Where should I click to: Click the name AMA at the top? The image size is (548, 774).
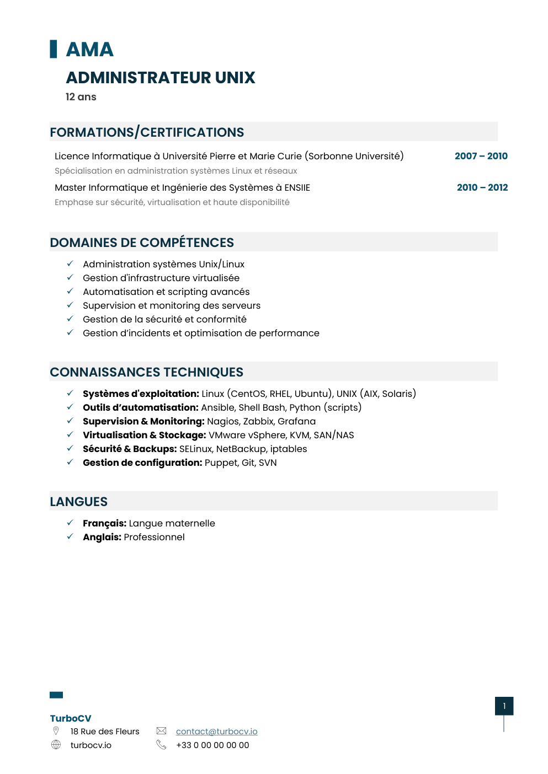(89, 50)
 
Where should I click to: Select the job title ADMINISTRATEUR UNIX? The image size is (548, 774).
(161, 78)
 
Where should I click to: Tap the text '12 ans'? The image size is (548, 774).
(81, 97)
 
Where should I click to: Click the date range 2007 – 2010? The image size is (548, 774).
(481, 156)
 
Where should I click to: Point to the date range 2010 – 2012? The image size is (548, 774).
(482, 187)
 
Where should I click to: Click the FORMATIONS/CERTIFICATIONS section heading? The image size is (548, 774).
(147, 132)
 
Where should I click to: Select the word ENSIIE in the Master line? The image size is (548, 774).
(297, 188)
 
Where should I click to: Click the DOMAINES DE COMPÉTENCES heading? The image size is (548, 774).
(142, 243)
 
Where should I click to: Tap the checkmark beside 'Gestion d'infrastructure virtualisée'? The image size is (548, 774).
(70, 278)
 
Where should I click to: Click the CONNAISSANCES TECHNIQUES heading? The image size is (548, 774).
(146, 372)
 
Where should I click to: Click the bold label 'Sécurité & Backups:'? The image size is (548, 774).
(130, 449)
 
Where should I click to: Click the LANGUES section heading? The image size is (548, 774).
(79, 502)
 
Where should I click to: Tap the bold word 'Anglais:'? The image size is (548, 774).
(102, 537)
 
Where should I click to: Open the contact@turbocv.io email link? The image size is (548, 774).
(216, 732)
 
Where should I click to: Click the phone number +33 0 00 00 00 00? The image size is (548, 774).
(212, 745)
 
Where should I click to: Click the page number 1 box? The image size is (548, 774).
(504, 706)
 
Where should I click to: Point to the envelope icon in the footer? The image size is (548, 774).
(161, 731)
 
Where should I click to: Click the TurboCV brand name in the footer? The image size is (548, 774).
(71, 718)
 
